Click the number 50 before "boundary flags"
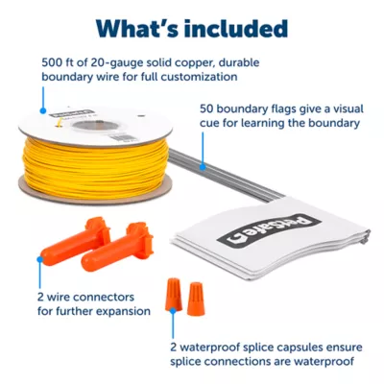pyautogui.click(x=206, y=108)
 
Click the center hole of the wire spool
pyautogui.click(x=93, y=126)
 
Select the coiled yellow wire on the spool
pyautogui.click(x=95, y=166)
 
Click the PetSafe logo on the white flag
pyautogui.click(x=269, y=230)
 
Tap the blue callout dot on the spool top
pyautogui.click(x=43, y=110)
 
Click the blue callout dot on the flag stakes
pyautogui.click(x=203, y=167)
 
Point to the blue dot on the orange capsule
pyautogui.click(x=40, y=259)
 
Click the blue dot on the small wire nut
pyautogui.click(x=173, y=310)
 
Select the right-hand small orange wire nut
pyautogui.click(x=195, y=299)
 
